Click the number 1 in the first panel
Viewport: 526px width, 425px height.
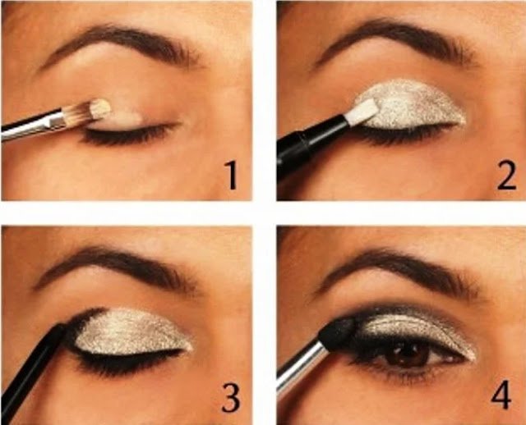(x=232, y=175)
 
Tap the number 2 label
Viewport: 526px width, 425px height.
(x=506, y=175)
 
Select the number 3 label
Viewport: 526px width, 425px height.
(x=231, y=398)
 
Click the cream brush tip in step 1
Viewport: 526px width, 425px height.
(x=100, y=108)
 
